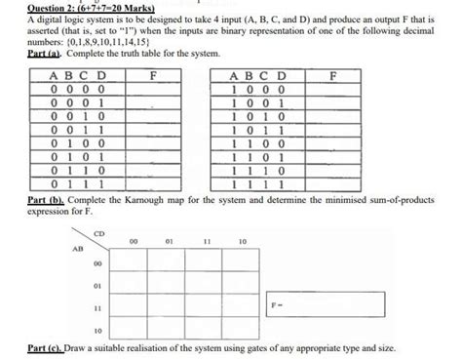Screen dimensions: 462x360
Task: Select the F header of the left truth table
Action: (x=154, y=74)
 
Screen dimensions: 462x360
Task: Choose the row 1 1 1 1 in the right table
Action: (x=258, y=181)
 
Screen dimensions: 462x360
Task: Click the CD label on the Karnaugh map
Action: (x=97, y=234)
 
